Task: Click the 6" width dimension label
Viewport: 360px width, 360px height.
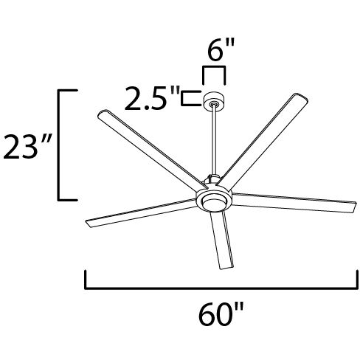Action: [214, 54]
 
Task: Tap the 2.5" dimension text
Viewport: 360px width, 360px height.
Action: [151, 98]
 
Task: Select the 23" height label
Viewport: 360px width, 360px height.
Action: [26, 145]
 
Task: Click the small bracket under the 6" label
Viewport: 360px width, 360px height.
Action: [214, 74]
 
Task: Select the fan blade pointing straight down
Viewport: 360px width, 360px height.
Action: [221, 240]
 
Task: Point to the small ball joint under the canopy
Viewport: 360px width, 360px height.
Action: [214, 109]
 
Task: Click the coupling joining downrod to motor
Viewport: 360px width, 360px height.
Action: [212, 179]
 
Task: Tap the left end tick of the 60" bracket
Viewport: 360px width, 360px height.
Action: [87, 280]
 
